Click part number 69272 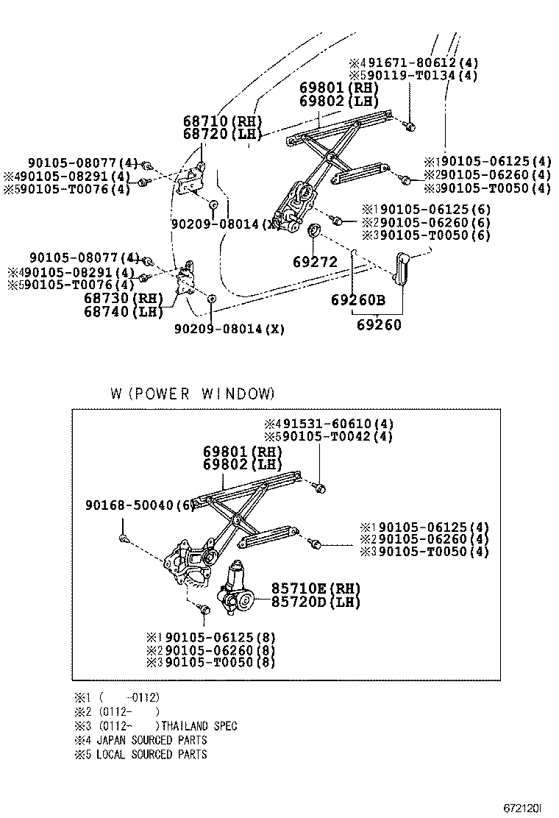point(314,262)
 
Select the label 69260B point(357,300)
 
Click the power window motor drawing point(236,589)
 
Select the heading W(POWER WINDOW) point(192,394)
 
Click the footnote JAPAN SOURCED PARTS point(152,740)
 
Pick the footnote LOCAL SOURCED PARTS point(152,754)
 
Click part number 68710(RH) point(222,121)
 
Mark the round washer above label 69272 point(313,232)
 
